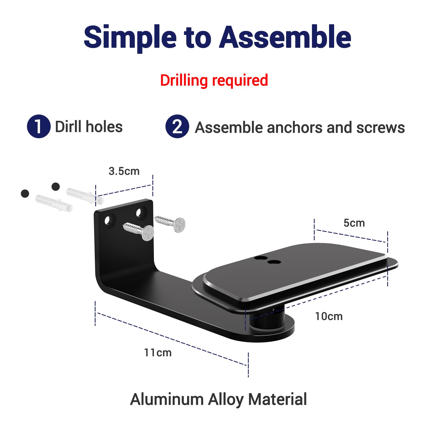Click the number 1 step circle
click(x=39, y=126)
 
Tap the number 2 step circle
click(x=177, y=126)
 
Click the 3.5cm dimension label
click(x=124, y=171)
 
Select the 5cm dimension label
click(x=354, y=223)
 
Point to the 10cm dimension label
click(x=329, y=316)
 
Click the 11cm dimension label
click(x=158, y=353)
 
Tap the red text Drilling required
click(x=214, y=80)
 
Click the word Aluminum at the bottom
click(x=167, y=399)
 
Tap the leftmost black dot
click(x=25, y=193)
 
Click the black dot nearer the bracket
click(x=56, y=187)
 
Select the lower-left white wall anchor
click(x=54, y=203)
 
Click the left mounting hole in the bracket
click(x=108, y=221)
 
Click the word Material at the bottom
click(x=278, y=399)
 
